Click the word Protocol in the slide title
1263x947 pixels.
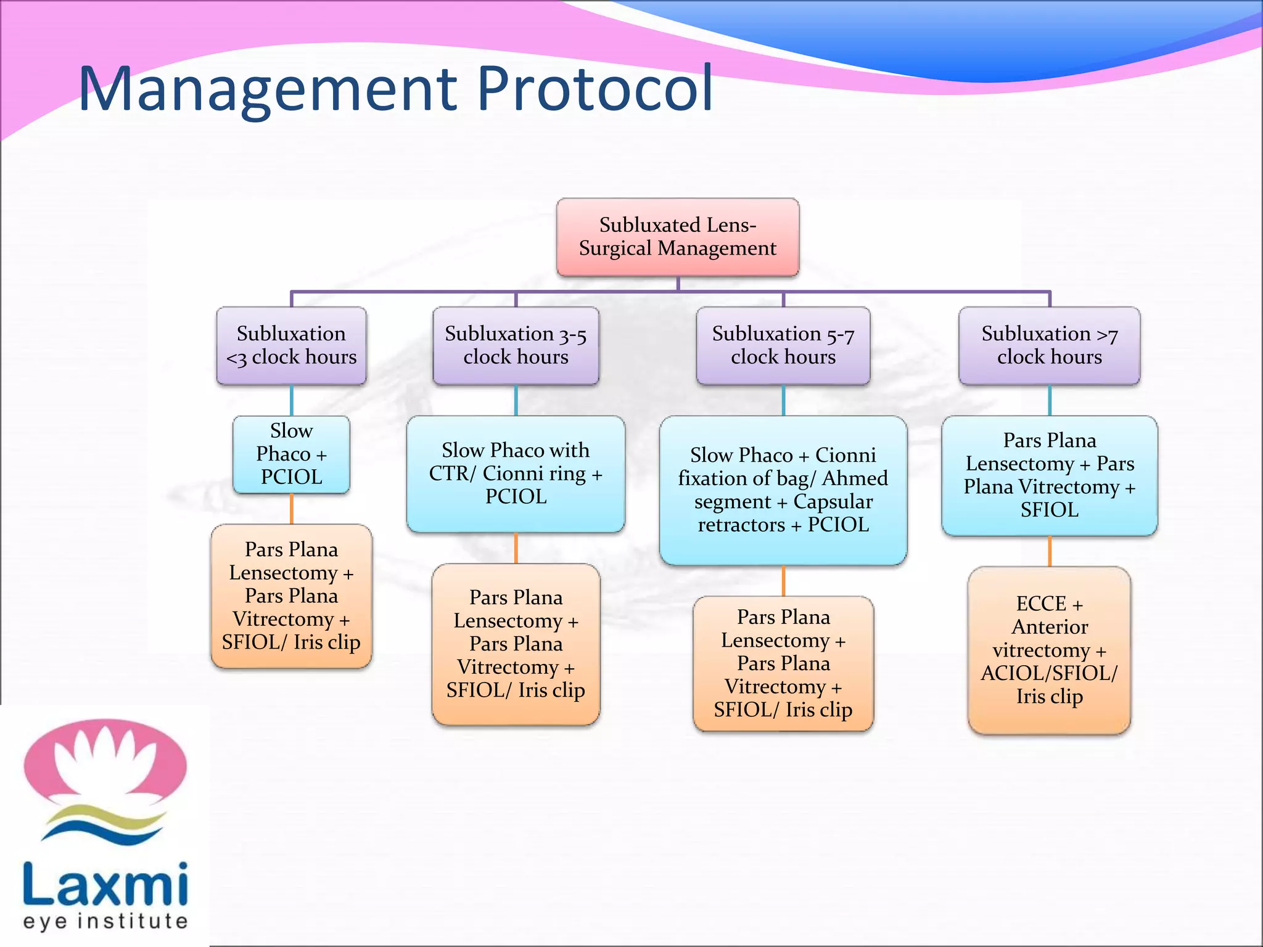595,89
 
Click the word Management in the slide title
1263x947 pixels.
268,89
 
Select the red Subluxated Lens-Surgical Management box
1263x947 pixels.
677,237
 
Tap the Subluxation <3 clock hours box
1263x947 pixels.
291,346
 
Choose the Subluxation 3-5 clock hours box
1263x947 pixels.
516,346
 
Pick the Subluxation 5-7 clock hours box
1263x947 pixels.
783,346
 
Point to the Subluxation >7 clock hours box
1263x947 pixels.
1049,346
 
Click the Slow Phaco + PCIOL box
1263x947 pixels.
291,454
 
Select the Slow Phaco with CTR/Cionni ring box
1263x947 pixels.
516,473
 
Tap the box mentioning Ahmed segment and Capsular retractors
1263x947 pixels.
783,490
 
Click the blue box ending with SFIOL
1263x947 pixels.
1049,475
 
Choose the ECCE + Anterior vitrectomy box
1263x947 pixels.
1049,650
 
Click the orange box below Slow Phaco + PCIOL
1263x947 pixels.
291,596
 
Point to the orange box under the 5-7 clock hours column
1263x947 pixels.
783,663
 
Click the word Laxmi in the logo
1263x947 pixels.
105,885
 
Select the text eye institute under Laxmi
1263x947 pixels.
105,922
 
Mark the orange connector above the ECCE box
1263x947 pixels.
1049,551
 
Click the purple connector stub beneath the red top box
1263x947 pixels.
678,284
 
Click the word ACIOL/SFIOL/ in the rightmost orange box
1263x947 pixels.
1049,673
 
